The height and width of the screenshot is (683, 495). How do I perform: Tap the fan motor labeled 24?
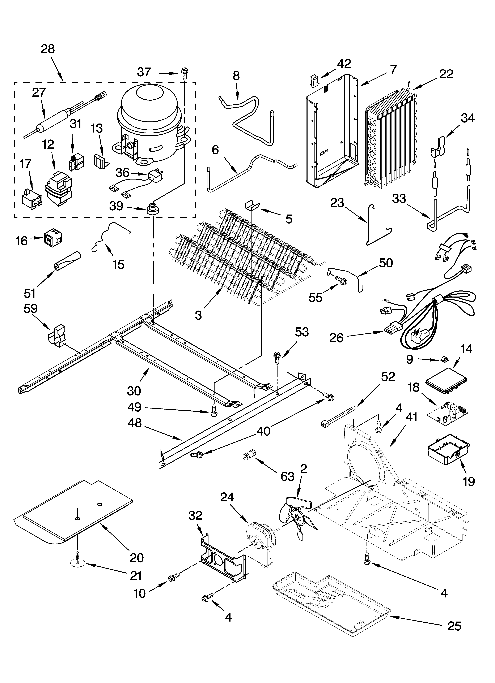(x=261, y=543)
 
